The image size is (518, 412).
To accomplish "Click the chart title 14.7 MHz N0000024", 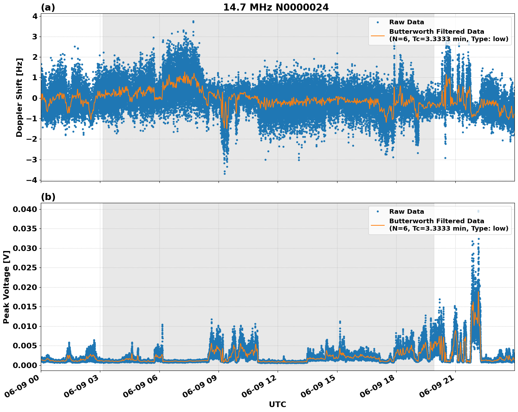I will pos(276,7).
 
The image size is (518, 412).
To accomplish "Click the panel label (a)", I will pos(48,7).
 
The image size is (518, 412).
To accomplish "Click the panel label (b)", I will pos(48,197).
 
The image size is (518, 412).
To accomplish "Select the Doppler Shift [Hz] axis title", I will pos(19,97).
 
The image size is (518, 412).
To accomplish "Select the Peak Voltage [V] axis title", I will pos(6,287).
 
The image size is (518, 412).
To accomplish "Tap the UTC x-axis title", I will pos(277,404).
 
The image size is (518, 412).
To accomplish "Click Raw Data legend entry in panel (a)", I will pos(406,22).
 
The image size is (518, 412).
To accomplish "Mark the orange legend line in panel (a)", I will pos(378,35).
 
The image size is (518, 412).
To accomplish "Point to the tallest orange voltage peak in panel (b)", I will pos(478,292).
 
